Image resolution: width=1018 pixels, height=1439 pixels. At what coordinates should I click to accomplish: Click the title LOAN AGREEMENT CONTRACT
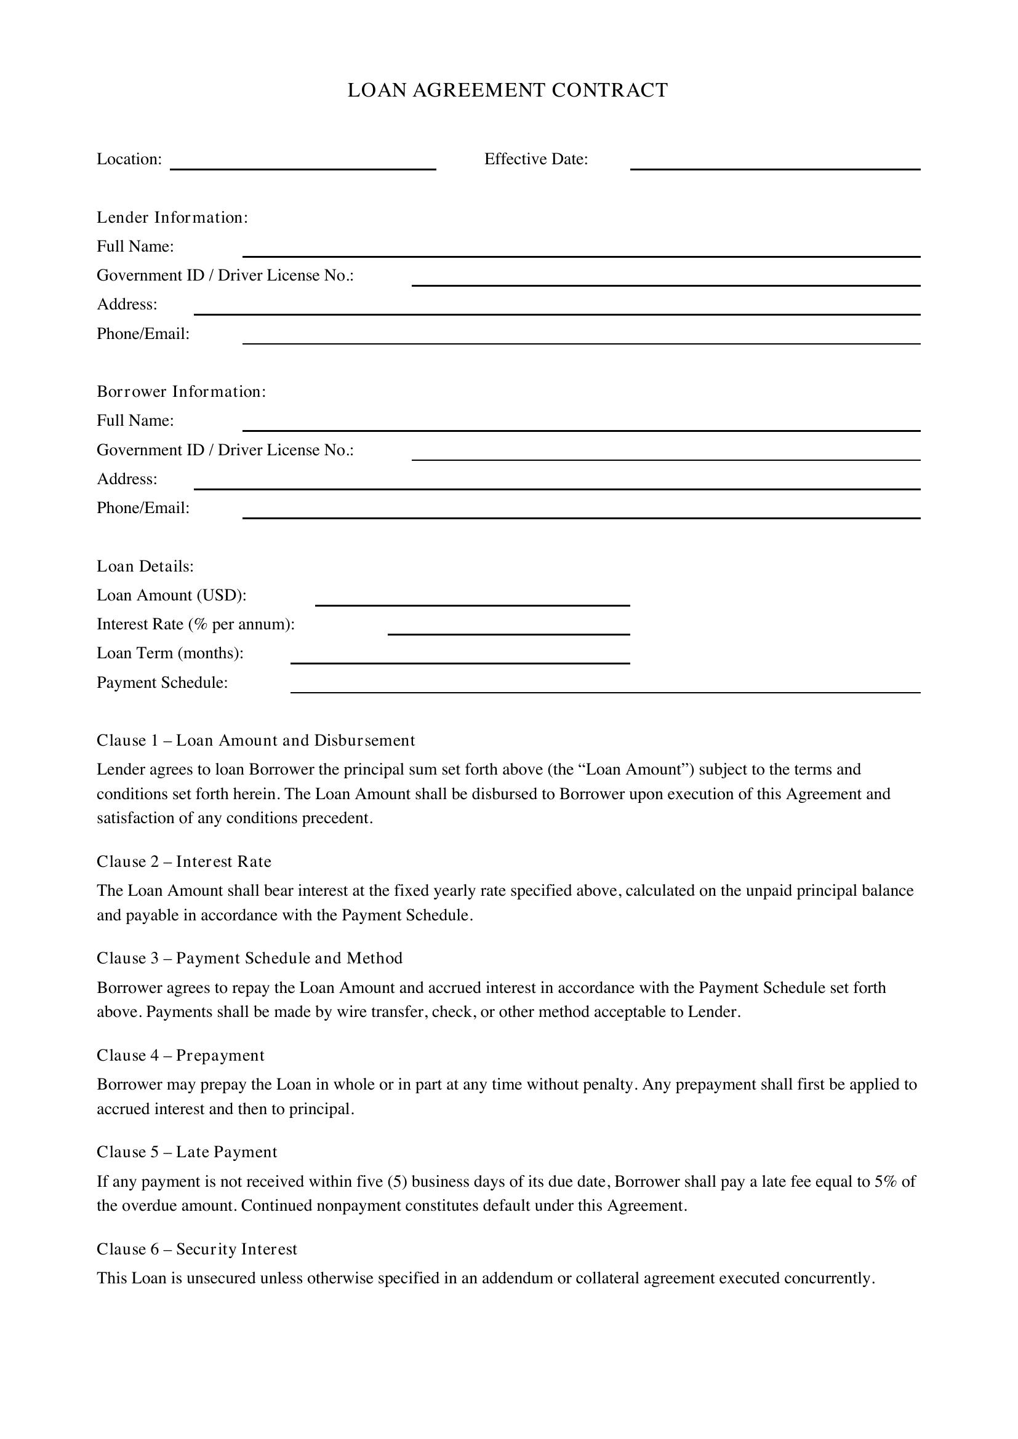[508, 90]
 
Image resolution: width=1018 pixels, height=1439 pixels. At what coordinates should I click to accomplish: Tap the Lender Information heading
[172, 217]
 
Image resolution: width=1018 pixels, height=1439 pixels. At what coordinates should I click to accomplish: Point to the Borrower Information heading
[181, 392]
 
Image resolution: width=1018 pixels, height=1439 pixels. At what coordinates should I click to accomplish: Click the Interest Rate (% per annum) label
[196, 624]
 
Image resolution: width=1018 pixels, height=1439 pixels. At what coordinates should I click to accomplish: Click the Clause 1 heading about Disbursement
[256, 740]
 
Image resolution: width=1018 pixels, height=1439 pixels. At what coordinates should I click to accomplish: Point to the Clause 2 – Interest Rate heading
[183, 862]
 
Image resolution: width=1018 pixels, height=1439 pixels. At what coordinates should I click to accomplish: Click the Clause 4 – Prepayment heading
[180, 1056]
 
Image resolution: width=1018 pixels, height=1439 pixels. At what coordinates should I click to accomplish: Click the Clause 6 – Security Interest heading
[197, 1249]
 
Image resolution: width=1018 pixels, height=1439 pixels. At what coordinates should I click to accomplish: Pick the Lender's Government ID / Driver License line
[666, 279]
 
